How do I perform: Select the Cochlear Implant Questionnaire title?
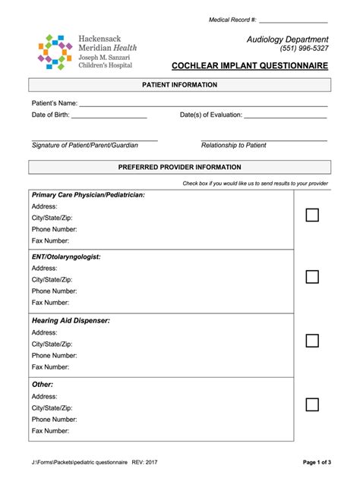tap(261, 66)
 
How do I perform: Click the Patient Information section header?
tap(180, 85)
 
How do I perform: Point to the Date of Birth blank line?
tap(109, 118)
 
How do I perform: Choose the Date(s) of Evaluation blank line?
tap(286, 118)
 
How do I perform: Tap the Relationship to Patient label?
tap(234, 145)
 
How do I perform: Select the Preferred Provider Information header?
tap(180, 167)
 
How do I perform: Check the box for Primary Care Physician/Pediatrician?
tap(312, 215)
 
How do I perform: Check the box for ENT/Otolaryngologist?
tap(312, 277)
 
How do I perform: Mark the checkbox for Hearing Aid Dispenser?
tap(312, 340)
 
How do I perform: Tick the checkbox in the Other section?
tap(312, 404)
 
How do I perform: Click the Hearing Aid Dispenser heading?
tap(71, 321)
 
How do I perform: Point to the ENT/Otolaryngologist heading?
tap(66, 257)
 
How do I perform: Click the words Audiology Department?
tap(287, 39)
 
